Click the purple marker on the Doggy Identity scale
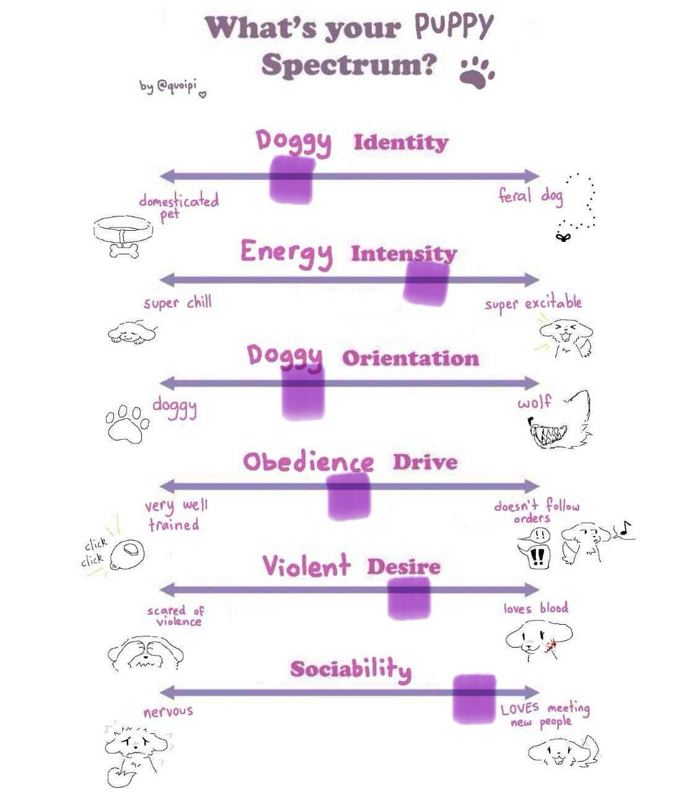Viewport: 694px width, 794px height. coord(291,179)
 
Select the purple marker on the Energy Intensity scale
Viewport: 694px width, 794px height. coord(426,283)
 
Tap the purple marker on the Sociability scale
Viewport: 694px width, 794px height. coord(474,698)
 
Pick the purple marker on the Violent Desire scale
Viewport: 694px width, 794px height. coord(409,597)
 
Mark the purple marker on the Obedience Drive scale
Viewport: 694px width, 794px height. coord(349,496)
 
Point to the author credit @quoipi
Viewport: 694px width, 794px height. coord(170,87)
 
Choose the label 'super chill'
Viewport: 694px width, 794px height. coord(178,303)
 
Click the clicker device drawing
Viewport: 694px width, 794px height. coord(128,552)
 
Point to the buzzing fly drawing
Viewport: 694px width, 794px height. coord(563,236)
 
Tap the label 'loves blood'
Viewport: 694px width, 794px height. coord(535,608)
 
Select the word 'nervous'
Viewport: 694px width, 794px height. coord(168,711)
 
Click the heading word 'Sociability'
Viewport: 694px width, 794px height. coord(351,669)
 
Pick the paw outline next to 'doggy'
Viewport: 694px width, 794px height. coord(127,423)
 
